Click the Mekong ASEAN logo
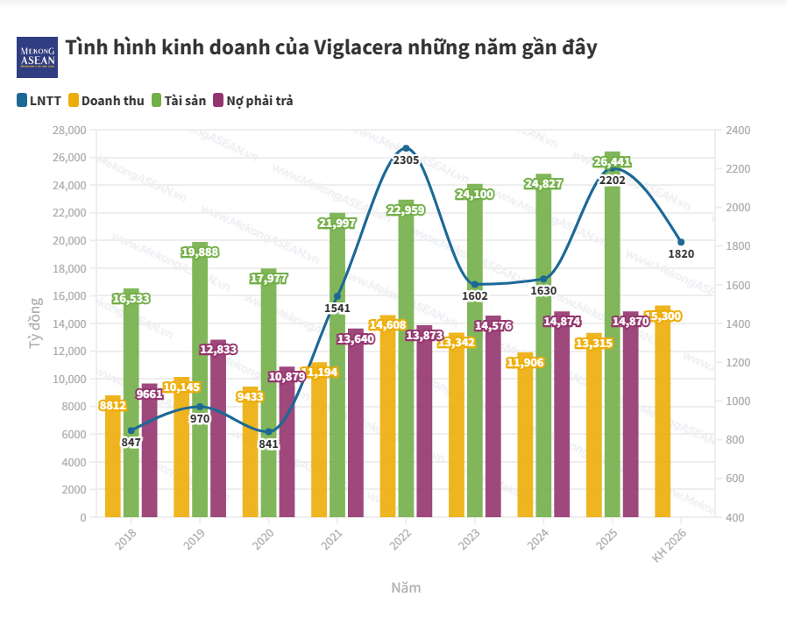click(38, 58)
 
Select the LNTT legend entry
click(39, 101)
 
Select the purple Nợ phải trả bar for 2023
click(493, 421)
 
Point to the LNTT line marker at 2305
click(406, 148)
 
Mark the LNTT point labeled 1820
click(681, 242)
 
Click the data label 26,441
click(612, 162)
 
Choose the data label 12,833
click(217, 349)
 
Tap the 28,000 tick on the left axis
click(69, 130)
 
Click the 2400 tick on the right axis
click(738, 130)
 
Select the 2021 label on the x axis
click(332, 539)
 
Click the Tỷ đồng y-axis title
click(35, 323)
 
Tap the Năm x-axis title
click(406, 587)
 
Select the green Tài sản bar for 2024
click(543, 351)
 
